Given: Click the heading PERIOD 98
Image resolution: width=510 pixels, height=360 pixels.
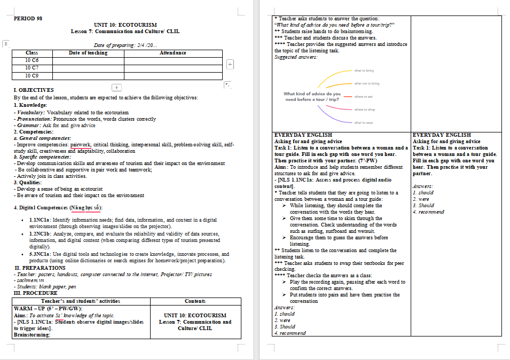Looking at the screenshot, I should [x=28, y=18].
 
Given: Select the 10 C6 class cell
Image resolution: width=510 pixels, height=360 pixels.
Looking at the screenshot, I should [x=32, y=60].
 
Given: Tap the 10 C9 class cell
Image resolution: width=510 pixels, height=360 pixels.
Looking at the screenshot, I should [x=32, y=76].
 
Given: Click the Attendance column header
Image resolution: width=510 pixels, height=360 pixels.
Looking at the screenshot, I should [x=173, y=53].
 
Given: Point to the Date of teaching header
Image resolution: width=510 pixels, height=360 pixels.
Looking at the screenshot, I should [x=88, y=53].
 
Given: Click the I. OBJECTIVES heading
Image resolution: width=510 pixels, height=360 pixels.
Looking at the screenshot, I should [x=34, y=90].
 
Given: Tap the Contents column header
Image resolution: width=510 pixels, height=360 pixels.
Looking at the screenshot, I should [x=195, y=301].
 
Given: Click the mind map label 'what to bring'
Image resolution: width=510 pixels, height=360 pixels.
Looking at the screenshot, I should [x=364, y=71].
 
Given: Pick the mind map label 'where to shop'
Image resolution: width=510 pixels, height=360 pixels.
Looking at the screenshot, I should [x=364, y=109].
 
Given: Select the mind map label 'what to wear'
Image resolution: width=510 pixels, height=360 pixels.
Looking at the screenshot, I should [x=364, y=123].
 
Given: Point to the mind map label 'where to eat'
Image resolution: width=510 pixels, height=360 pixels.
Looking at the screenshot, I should [x=363, y=97].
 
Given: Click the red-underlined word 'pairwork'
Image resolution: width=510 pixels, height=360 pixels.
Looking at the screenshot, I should [x=81, y=145].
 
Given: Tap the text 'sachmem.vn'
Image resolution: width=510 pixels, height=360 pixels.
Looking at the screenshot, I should [x=29, y=280].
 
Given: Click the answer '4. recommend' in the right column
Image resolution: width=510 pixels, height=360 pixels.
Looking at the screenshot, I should [x=428, y=212].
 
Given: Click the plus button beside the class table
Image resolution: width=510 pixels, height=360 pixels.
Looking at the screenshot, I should [x=231, y=64].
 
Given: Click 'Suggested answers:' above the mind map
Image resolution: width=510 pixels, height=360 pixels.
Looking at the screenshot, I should [x=296, y=57].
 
